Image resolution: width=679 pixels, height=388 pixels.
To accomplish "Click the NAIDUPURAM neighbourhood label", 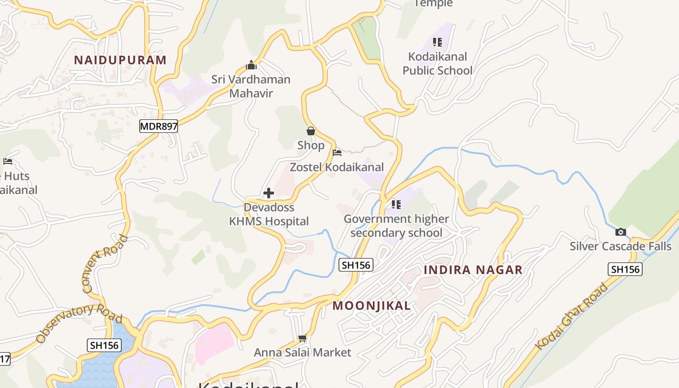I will (x=120, y=60).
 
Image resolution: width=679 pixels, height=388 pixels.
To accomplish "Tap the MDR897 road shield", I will (x=159, y=127).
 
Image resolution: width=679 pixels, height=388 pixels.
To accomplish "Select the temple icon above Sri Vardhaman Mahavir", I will (x=251, y=65).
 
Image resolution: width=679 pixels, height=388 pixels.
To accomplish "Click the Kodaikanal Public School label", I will (x=437, y=64).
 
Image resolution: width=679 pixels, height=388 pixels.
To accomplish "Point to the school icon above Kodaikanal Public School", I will (x=437, y=42).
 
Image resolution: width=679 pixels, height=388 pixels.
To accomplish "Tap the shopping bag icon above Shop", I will (x=311, y=131).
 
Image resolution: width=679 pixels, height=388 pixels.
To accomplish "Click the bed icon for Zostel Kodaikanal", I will (x=337, y=153).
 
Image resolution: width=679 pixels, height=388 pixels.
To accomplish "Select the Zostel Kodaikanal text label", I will (x=337, y=167).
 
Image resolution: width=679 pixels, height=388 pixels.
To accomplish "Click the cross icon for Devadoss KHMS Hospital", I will (x=268, y=193).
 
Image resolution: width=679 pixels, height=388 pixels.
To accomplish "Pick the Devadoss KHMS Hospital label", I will (x=269, y=214).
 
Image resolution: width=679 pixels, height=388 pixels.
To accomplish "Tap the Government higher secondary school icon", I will (x=396, y=205).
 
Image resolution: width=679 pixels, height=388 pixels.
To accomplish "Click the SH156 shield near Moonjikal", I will (x=356, y=265).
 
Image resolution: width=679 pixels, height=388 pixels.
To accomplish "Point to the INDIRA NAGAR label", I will (x=473, y=270).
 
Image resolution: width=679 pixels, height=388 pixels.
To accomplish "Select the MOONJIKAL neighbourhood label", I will (x=372, y=306).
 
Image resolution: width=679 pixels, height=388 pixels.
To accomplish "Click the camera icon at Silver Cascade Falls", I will (x=620, y=232).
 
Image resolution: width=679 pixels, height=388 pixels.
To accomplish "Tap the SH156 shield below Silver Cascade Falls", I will (x=625, y=269).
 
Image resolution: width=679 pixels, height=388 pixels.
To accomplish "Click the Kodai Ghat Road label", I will (x=572, y=316).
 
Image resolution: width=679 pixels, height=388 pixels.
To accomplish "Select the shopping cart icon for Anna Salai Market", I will (x=303, y=338).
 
